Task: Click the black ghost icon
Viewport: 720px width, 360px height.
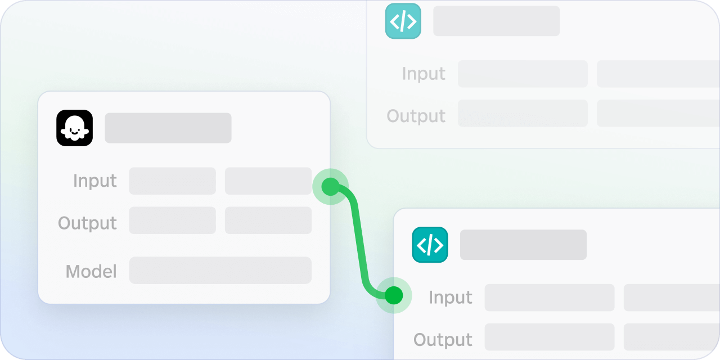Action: [75, 128]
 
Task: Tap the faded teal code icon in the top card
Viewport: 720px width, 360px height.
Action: [403, 21]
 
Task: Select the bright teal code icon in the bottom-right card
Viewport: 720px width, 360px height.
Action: [430, 245]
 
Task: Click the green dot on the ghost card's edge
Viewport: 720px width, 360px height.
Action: [330, 187]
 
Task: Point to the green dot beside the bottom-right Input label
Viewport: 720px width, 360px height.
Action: [394, 295]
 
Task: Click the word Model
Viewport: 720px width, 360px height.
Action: [91, 271]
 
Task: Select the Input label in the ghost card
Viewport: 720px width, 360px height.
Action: [95, 181]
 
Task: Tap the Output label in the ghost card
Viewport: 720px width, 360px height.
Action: [87, 223]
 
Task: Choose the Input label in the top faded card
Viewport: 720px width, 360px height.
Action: [424, 73]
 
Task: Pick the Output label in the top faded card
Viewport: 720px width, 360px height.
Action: [416, 116]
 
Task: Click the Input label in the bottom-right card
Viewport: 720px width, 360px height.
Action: [451, 297]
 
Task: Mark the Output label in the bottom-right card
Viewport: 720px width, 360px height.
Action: [443, 339]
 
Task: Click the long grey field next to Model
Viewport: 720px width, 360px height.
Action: [220, 271]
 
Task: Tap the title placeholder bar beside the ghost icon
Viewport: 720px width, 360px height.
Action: [168, 128]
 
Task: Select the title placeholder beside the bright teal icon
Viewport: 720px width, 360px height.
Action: [523, 245]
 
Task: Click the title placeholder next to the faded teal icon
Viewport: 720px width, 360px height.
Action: [497, 21]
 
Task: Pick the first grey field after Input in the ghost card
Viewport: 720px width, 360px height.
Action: [172, 181]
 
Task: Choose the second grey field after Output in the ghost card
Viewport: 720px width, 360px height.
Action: [268, 220]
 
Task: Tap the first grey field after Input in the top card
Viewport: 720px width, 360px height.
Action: [523, 74]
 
